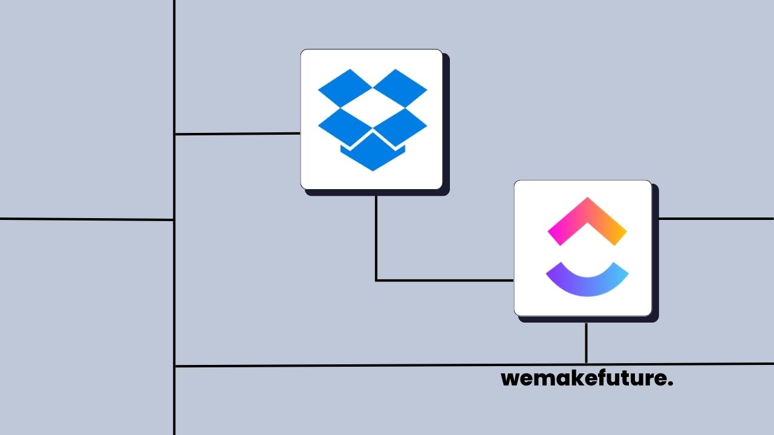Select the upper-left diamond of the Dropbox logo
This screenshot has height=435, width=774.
click(345, 88)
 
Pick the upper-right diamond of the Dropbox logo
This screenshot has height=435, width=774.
click(400, 88)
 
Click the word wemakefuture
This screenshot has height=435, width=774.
click(587, 379)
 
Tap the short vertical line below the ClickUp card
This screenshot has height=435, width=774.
click(586, 343)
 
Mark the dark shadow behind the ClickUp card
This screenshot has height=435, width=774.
click(655, 254)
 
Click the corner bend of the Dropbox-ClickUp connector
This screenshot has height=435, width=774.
click(376, 280)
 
